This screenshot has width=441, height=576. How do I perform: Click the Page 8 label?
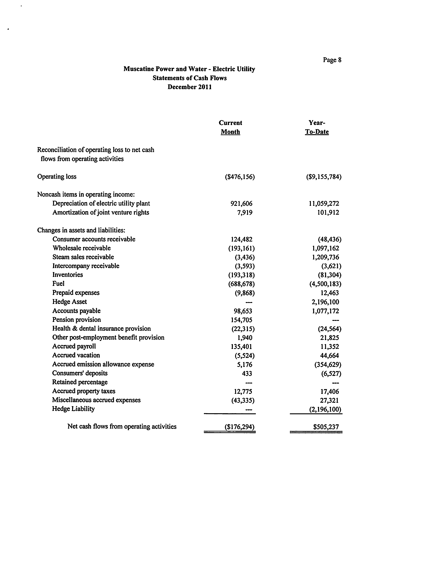332,60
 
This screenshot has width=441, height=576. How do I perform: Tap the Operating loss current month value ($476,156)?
240,177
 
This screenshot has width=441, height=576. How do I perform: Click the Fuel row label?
58,284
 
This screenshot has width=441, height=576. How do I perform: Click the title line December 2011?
189,87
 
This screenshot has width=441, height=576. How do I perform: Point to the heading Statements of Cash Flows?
189,78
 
